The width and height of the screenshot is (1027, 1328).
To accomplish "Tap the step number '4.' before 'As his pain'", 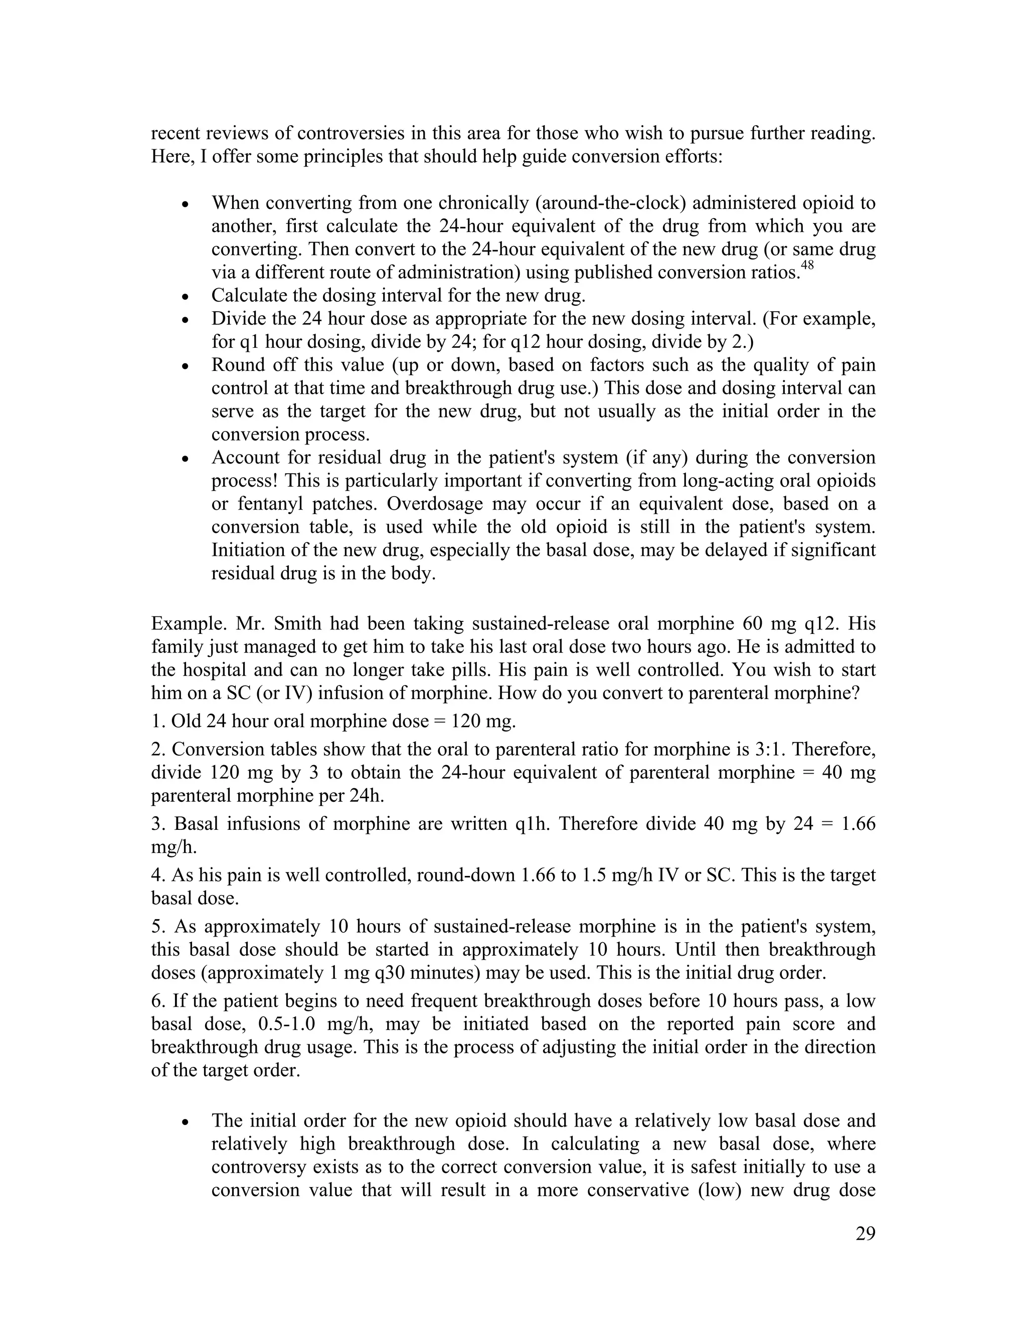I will point(158,875).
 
